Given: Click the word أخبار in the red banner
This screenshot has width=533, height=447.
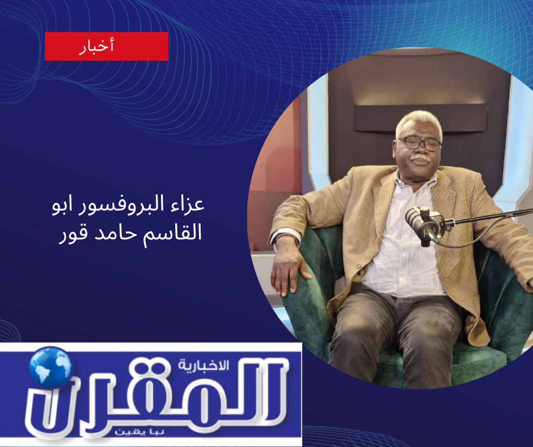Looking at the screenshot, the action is pyautogui.click(x=96, y=46).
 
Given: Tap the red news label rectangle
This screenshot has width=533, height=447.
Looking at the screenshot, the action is pyautogui.click(x=107, y=47).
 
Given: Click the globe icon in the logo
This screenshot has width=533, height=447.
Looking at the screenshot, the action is pyautogui.click(x=50, y=367).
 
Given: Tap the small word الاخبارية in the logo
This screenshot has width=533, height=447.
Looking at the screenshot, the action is pyautogui.click(x=203, y=366).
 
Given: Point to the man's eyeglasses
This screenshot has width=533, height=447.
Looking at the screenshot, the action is pyautogui.click(x=420, y=144).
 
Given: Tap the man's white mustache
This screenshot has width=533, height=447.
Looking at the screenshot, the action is pyautogui.click(x=420, y=159).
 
